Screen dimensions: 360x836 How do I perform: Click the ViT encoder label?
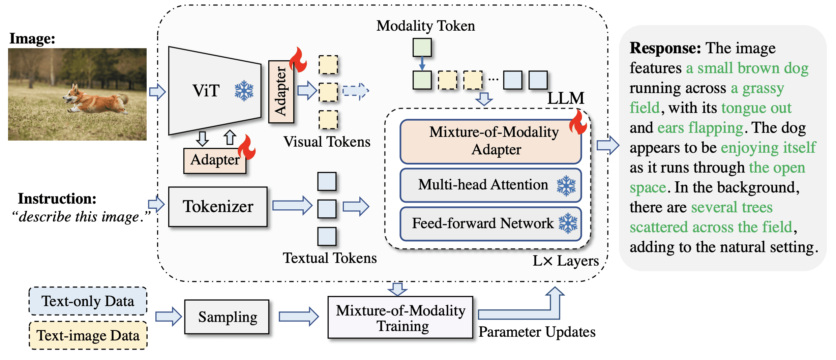[x=206, y=91]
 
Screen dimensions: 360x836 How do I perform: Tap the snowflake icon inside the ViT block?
[x=244, y=91]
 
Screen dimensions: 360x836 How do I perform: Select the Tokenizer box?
[x=218, y=207]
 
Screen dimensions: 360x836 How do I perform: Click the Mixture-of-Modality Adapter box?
[x=490, y=142]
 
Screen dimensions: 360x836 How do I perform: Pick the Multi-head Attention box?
[x=490, y=185]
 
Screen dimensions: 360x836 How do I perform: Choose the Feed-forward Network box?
[x=490, y=223]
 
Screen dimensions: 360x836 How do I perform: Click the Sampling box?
[x=227, y=317]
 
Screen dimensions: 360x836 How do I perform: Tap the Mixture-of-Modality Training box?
[x=400, y=318]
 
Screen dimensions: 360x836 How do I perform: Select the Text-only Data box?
[x=88, y=301]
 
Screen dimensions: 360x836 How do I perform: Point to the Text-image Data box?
[x=88, y=335]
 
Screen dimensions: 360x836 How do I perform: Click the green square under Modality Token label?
[x=422, y=47]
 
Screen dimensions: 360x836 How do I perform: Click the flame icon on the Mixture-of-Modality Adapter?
[x=578, y=122]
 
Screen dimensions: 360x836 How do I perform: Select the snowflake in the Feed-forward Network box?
[x=568, y=223]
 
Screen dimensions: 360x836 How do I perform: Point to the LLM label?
[x=566, y=98]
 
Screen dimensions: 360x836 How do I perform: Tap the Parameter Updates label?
[x=537, y=332]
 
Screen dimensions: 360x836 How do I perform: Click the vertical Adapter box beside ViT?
[x=281, y=92]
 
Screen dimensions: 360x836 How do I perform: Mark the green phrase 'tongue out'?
[x=756, y=108]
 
